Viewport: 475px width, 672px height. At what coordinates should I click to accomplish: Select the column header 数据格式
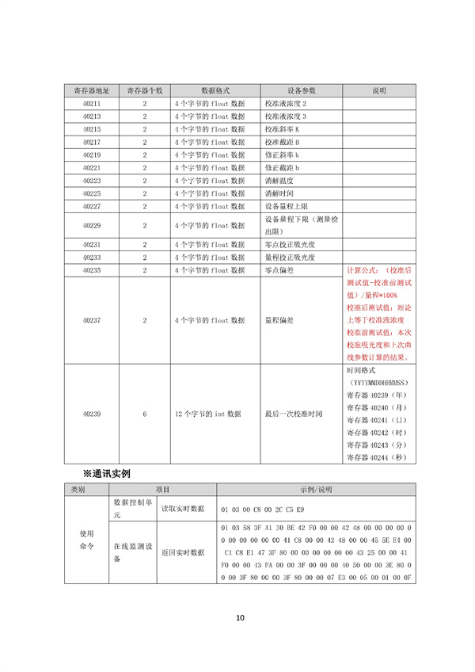[214, 90]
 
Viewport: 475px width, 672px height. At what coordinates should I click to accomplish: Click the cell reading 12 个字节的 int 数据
[207, 414]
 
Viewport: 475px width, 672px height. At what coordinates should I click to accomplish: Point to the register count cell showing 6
[145, 414]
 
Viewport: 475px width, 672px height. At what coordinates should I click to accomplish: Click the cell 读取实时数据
[182, 508]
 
